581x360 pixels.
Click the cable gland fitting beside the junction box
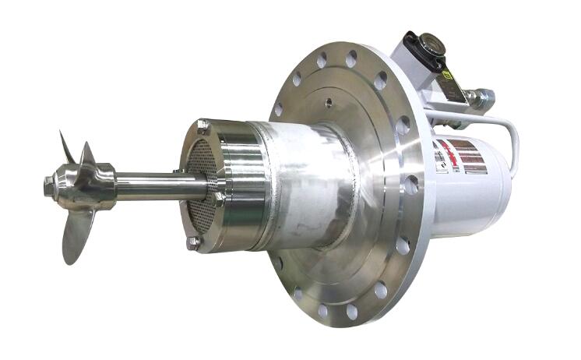point(484,98)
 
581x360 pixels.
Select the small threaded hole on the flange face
point(330,103)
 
